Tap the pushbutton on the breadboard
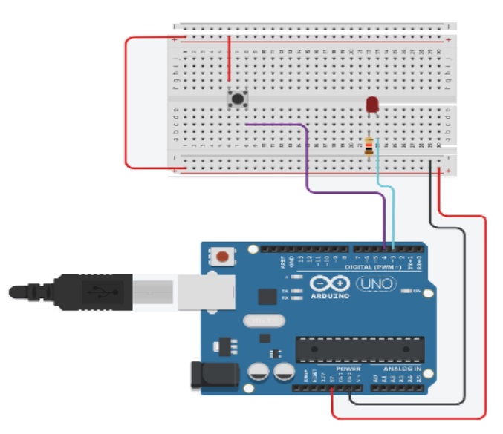tap(237, 98)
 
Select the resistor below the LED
tap(369, 146)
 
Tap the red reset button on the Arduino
tap(221, 257)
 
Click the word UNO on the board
tap(377, 284)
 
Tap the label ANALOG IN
tap(402, 369)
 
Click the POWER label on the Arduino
tap(345, 369)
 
